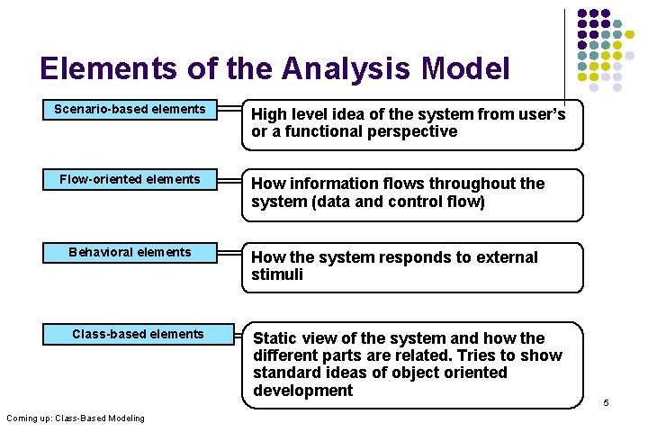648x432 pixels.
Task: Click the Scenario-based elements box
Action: (130, 110)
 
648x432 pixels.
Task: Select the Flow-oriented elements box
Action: (130, 180)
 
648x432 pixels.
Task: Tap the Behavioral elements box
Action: (130, 253)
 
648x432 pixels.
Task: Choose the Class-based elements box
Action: (138, 335)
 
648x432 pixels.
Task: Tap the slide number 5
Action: (606, 402)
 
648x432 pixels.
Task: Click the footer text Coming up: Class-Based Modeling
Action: (75, 418)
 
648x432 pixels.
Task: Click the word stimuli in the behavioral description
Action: (277, 274)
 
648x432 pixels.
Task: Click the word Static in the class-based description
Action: (276, 338)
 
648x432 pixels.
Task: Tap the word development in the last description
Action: (302, 391)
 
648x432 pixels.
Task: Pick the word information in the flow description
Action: (337, 184)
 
